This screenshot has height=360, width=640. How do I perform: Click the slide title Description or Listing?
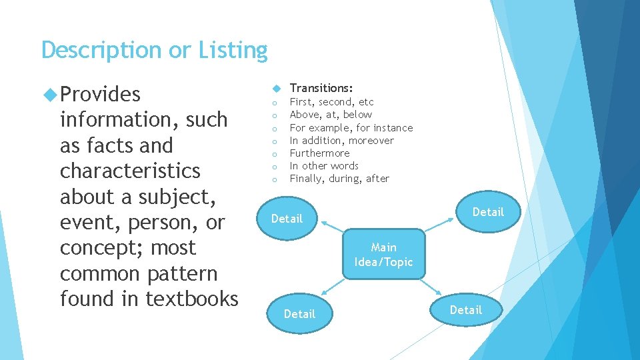154,51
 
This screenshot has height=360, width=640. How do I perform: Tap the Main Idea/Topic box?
383,255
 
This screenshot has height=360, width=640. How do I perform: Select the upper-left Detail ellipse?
287,219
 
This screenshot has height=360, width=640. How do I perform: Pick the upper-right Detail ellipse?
488,212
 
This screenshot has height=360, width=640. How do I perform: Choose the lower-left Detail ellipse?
299,313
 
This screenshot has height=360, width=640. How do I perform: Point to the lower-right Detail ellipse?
465,310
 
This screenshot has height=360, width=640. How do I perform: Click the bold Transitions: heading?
321,88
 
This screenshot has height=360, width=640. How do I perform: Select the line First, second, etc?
331,102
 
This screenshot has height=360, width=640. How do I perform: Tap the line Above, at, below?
331,115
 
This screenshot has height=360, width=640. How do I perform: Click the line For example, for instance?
351,127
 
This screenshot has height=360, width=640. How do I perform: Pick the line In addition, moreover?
341,140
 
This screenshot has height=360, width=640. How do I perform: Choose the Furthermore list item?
319,153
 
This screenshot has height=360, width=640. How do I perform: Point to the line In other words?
324,165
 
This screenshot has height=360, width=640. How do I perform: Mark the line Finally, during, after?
339,178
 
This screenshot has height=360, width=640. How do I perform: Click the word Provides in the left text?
100,95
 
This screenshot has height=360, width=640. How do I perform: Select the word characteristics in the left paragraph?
130,171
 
